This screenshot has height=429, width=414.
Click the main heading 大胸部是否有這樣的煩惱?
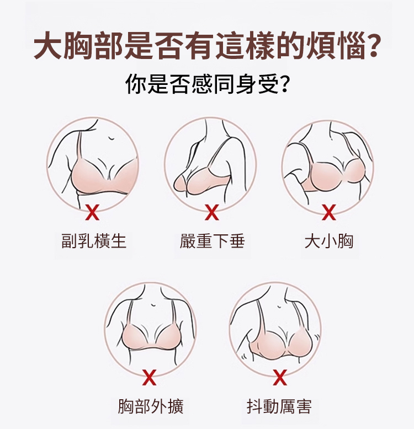(207, 46)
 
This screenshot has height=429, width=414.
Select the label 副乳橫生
(94, 241)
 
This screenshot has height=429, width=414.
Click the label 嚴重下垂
(212, 241)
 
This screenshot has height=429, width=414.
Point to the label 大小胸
(329, 241)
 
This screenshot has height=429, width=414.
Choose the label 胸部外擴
(151, 406)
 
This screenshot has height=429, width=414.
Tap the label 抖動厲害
(279, 406)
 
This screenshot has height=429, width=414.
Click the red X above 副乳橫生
(92, 212)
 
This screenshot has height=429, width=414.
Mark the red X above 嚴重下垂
(211, 212)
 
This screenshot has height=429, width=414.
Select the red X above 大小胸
(328, 212)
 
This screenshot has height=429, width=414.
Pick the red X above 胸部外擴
(149, 377)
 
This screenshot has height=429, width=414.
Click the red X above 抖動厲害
(280, 377)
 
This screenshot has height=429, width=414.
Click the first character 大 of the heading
(47, 46)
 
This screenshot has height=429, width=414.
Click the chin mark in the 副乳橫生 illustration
(111, 138)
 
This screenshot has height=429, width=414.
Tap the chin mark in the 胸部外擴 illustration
(153, 304)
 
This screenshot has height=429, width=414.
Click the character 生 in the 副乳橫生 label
(118, 241)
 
